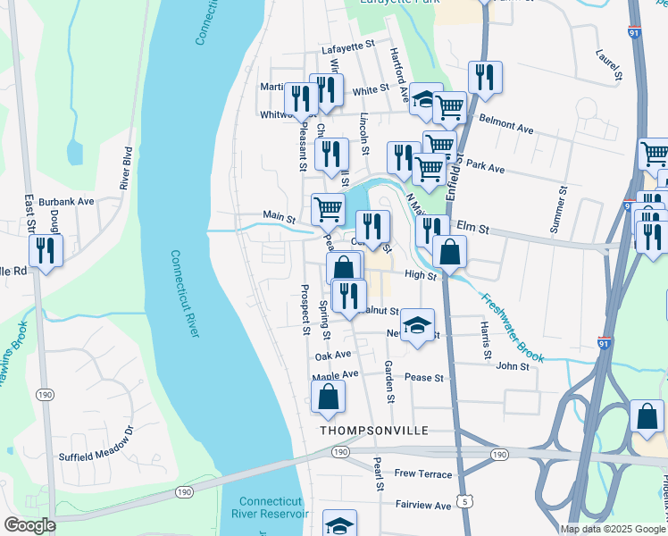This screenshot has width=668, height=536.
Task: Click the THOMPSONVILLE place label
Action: tap(374, 431)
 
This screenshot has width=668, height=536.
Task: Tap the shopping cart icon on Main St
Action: tap(328, 209)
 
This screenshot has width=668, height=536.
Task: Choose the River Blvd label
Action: tap(127, 168)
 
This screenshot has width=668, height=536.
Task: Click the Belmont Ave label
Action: tap(505, 123)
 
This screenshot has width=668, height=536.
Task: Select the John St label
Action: tap(513, 365)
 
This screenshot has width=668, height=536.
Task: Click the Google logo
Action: tap(29, 525)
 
